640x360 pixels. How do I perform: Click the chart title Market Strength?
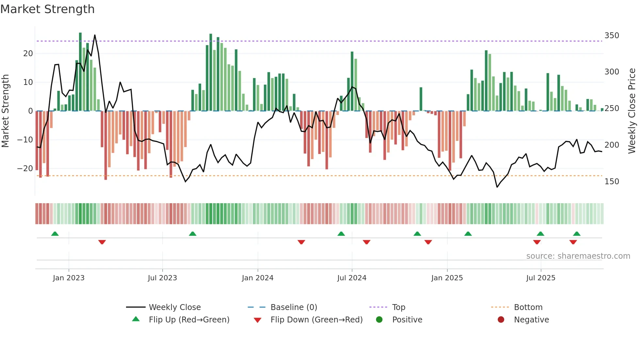point(47,9)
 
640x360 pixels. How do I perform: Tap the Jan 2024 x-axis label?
point(258,278)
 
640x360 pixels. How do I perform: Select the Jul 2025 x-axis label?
point(541,278)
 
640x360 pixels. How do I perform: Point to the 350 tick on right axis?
point(612,35)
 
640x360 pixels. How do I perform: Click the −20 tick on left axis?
point(25,169)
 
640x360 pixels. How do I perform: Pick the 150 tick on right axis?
point(612,182)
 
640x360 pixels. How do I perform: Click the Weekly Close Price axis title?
point(632,111)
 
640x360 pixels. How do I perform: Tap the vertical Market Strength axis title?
point(6,111)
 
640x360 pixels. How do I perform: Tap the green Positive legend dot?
point(379,319)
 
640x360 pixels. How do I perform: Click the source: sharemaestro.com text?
point(578,256)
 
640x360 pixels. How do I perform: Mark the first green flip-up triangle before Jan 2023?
point(55,234)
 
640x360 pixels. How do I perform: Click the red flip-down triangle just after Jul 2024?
point(366,242)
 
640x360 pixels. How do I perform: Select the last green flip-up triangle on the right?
point(577,234)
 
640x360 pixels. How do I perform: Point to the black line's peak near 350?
point(95,35)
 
